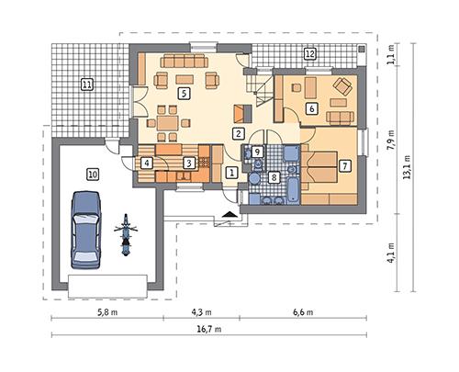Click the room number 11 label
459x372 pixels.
coord(87,85)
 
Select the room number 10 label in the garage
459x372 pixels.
coord(93,173)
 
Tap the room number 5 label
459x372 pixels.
coord(185,93)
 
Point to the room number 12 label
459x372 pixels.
coord(310,54)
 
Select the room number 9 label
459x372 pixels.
coord(258,151)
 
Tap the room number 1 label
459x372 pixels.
coord(231,171)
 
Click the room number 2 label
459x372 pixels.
coord(239,133)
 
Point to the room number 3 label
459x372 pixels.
coord(188,163)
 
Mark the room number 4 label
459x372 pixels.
coord(147,163)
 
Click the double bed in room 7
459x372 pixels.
coord(320,173)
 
